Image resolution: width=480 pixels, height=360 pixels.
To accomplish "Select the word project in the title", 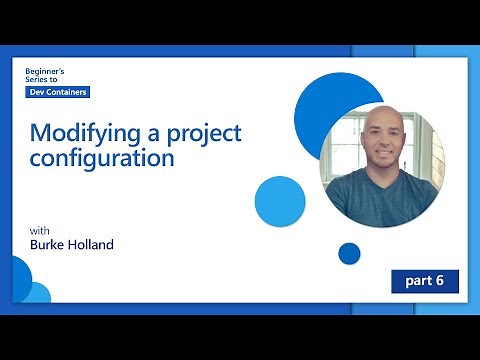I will (x=209, y=134).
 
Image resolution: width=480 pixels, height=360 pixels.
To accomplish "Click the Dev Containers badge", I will (x=57, y=92).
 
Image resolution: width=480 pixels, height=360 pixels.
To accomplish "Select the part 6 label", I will (x=424, y=281).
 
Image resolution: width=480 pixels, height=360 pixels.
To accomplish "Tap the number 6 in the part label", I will (x=440, y=281).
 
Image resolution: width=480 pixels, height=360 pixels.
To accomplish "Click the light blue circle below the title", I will (x=280, y=200).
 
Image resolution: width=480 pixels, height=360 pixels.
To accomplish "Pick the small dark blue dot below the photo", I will (x=349, y=253).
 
